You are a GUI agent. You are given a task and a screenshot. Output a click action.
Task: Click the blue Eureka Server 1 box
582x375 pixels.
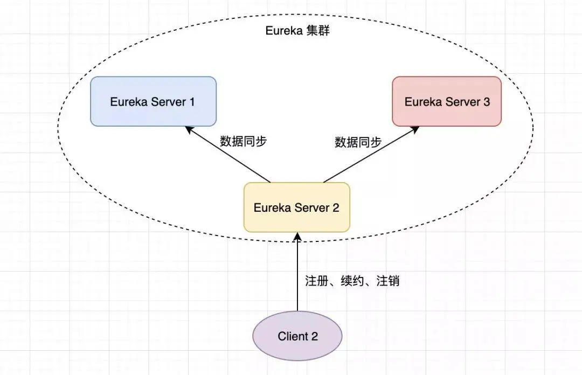coord(153,101)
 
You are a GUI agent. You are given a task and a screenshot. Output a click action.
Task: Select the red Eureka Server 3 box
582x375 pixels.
coord(447,101)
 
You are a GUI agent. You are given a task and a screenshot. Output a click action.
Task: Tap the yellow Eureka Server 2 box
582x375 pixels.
coord(296,207)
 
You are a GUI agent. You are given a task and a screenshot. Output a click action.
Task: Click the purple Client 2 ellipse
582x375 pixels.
coord(297,336)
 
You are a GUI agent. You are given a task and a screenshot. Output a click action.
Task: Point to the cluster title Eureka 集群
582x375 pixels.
coord(297,31)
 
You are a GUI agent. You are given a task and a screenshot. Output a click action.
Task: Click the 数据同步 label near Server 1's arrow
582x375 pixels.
coord(244,141)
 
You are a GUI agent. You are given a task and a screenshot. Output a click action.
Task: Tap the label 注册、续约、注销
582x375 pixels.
coord(352,281)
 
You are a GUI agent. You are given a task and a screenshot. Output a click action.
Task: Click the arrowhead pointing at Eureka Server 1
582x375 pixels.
coord(188,129)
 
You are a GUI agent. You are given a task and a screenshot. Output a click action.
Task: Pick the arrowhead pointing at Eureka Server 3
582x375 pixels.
coord(416,129)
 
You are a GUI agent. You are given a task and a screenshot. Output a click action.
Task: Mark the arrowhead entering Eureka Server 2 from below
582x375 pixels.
coord(297,237)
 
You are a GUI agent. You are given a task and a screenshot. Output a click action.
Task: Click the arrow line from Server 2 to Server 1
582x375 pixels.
coord(229,156)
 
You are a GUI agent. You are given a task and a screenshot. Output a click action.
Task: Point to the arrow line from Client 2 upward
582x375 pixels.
coord(297,275)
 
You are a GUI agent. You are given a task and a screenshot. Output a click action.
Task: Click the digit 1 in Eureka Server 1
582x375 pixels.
coord(191,101)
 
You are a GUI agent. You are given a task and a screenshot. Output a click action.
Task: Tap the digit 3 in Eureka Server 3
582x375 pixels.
coord(487,101)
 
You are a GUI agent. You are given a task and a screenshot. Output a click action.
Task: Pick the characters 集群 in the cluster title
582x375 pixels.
coord(317,31)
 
